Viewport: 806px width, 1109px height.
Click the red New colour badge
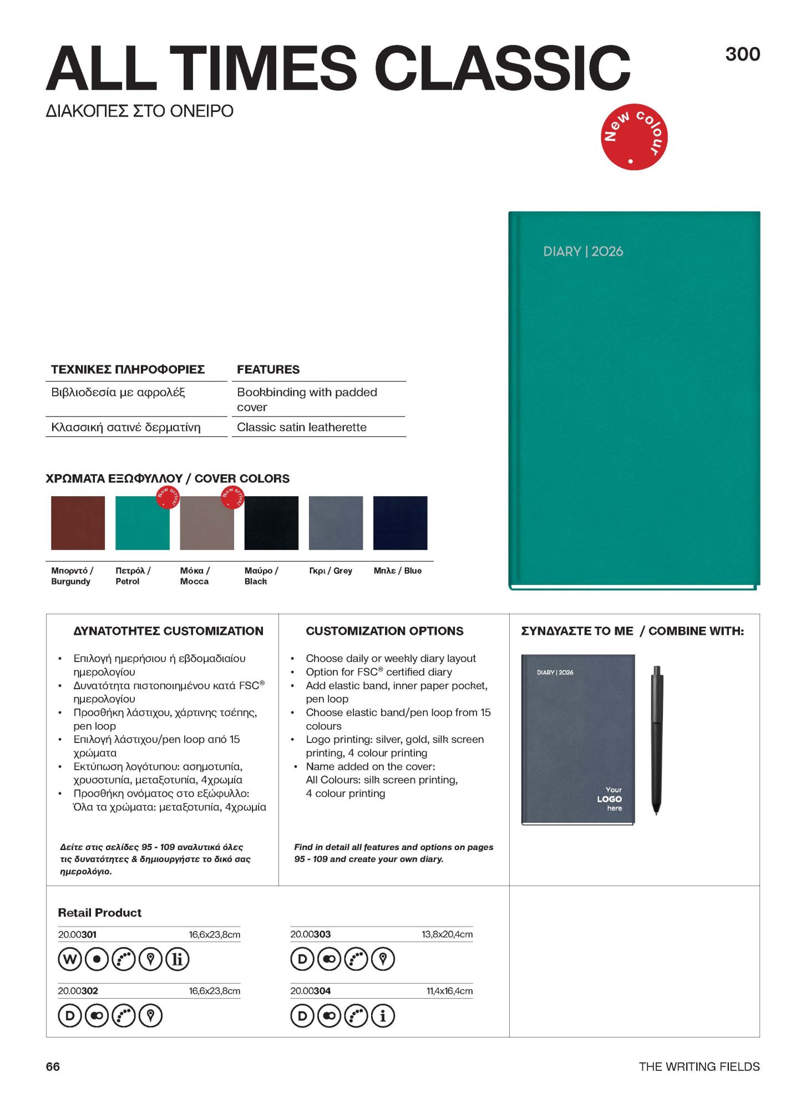tap(633, 136)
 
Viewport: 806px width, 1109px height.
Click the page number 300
tap(742, 54)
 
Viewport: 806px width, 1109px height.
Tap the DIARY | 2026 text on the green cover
tap(582, 251)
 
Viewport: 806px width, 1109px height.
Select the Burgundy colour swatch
tap(78, 523)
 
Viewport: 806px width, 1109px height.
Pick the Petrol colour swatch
tap(142, 523)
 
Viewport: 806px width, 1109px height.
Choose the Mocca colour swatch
tap(206, 523)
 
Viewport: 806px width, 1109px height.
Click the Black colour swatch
tap(271, 523)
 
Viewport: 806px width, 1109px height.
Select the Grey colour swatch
tap(336, 523)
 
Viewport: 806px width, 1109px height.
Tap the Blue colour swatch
tap(400, 523)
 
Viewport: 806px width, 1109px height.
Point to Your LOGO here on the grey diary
tap(610, 798)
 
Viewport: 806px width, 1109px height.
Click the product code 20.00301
tap(77, 934)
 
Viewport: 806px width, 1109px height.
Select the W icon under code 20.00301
tap(70, 959)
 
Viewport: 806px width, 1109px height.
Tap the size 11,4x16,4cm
tap(449, 991)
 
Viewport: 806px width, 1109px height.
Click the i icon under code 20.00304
tap(383, 1016)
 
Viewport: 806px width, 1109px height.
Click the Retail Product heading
tap(100, 913)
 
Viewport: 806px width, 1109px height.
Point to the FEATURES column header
tap(268, 369)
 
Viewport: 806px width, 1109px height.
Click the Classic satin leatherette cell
tap(302, 427)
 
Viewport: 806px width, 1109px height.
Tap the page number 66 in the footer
tap(53, 1066)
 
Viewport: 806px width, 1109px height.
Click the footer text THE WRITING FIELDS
tap(699, 1066)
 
